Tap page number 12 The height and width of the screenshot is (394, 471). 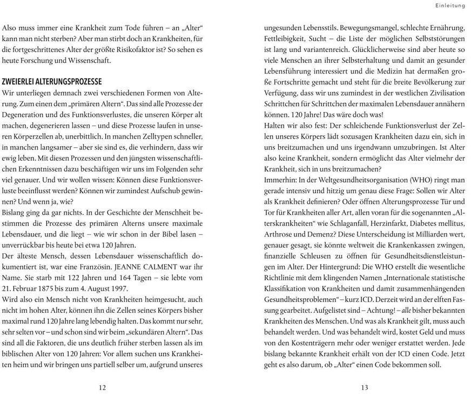click(x=103, y=387)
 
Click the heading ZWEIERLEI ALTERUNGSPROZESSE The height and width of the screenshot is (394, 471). click(x=52, y=82)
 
